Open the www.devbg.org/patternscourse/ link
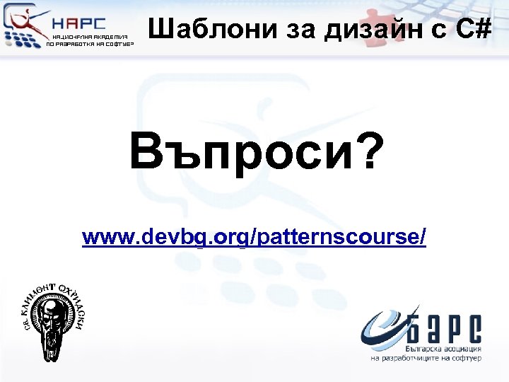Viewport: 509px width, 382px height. point(254,236)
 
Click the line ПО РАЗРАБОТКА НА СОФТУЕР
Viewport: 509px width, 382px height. point(89,44)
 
